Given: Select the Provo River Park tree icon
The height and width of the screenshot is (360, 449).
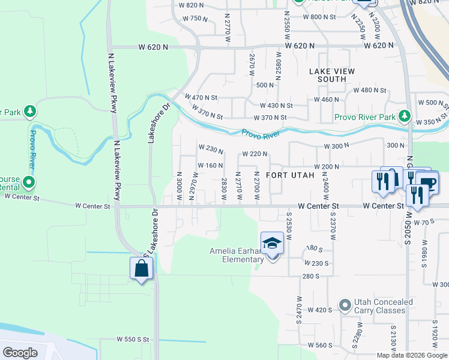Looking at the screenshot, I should tap(406, 116).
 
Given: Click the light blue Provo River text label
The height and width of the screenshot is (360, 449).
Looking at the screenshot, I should tap(262, 133).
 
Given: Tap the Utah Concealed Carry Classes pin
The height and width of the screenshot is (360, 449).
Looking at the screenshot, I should tap(345, 306).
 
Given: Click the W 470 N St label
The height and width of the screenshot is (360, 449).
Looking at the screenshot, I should tap(201, 97).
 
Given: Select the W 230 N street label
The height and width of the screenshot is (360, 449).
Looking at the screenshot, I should tap(211, 148).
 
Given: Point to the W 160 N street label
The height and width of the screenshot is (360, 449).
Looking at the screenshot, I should tap(211, 166).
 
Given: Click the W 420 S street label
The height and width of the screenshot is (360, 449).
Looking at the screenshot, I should tap(319, 310).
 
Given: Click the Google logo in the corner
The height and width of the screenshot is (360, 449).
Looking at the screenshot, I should tap(20, 352).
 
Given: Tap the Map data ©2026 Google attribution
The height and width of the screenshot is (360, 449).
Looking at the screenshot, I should tap(411, 355).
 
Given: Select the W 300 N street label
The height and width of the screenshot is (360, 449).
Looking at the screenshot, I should tap(336, 146).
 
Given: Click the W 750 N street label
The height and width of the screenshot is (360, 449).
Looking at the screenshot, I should tap(194, 18).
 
